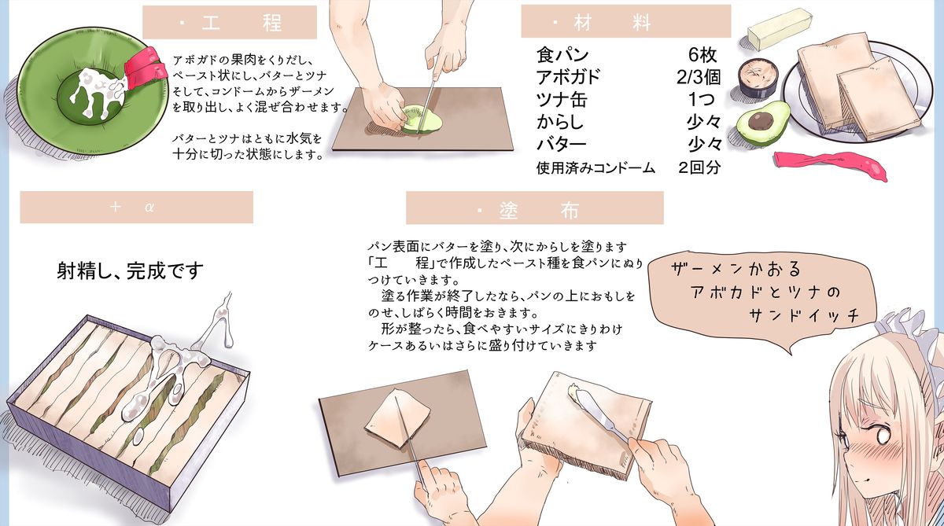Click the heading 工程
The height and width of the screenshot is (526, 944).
pyautogui.click(x=230, y=23)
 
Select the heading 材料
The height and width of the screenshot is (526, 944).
pyautogui.click(x=625, y=23)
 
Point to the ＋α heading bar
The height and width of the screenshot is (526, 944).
pyautogui.click(x=136, y=208)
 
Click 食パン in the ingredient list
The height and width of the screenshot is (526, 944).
pyautogui.click(x=563, y=55)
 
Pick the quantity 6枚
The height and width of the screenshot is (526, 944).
pyautogui.click(x=702, y=55)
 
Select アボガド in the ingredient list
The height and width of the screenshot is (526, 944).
pyautogui.click(x=569, y=77)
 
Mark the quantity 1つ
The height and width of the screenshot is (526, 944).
pyautogui.click(x=702, y=100)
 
